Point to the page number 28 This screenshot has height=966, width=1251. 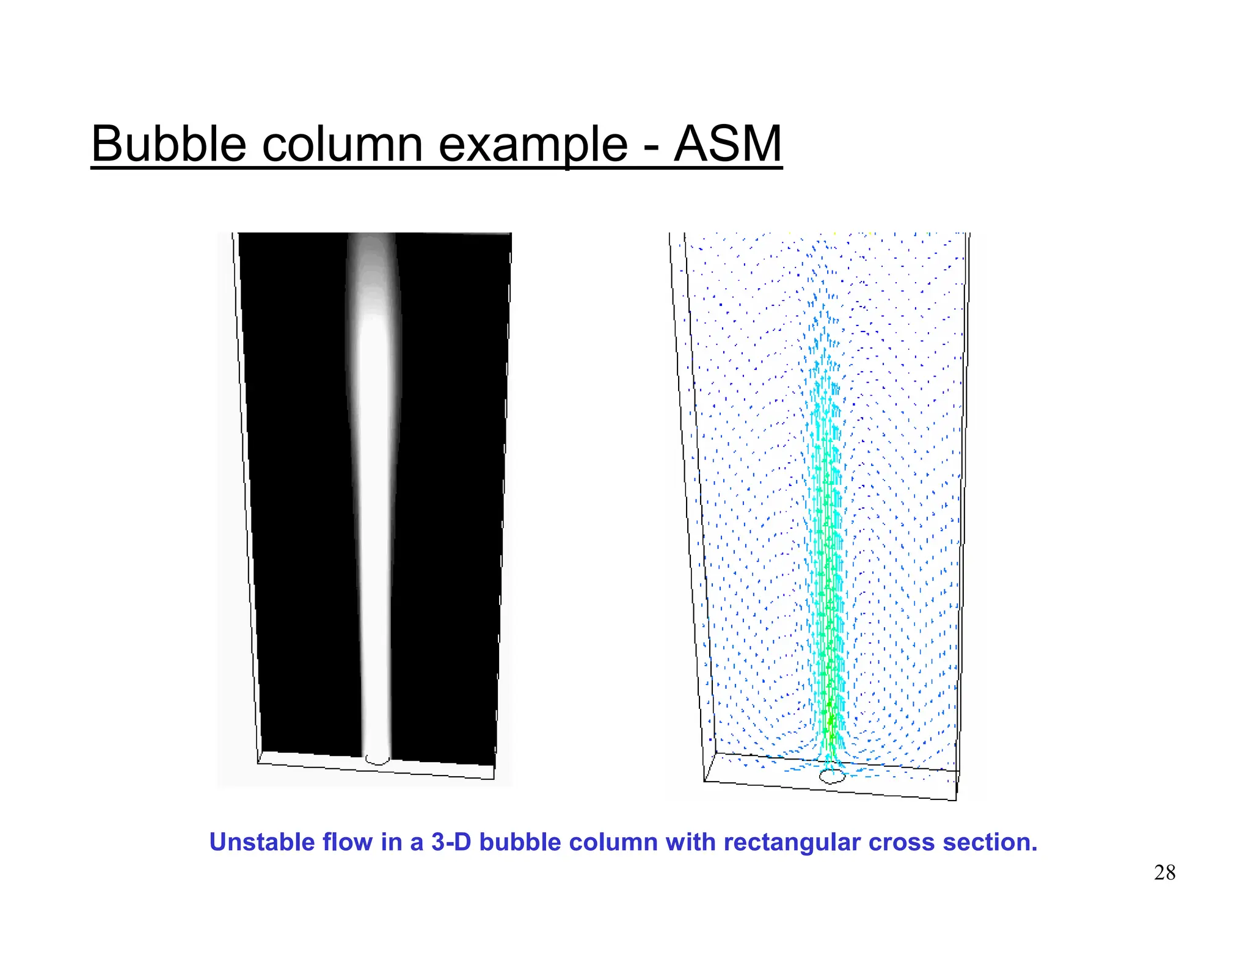point(1164,873)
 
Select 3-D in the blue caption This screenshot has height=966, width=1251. point(451,842)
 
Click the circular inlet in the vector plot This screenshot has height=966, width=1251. point(831,776)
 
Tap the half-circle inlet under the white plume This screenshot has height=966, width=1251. point(377,760)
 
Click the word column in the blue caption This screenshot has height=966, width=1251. point(613,842)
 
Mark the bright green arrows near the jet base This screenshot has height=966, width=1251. point(830,721)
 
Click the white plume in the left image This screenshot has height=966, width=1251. point(374,519)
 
